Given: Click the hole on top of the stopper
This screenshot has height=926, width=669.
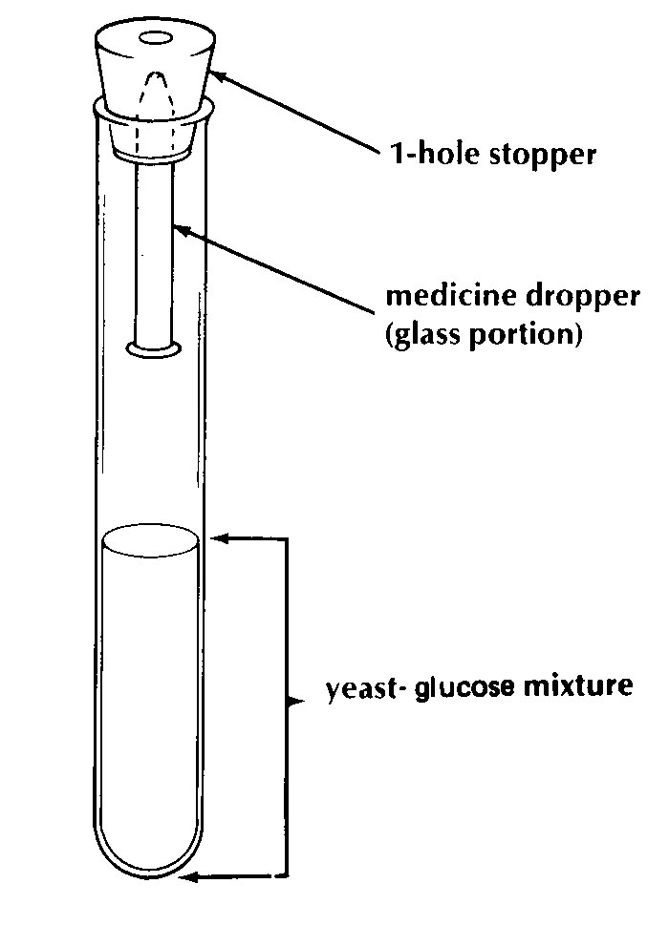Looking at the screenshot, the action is coord(156,39).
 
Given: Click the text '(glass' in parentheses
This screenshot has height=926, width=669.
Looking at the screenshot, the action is coord(423,334).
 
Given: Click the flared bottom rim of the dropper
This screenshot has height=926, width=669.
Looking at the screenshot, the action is coord(154,349).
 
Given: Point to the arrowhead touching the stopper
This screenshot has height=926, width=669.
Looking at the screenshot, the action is coord(216,76).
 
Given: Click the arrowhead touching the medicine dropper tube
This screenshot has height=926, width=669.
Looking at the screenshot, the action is coord(182,229).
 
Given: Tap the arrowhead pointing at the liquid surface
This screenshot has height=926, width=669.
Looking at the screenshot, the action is coord(219,538).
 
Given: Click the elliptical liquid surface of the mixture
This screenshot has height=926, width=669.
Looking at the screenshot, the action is coord(150,539).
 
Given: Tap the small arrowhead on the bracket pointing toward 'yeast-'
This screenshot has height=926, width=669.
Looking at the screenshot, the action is coord(296,702).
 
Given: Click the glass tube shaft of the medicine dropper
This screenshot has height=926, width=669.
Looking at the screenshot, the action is coord(154,254).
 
